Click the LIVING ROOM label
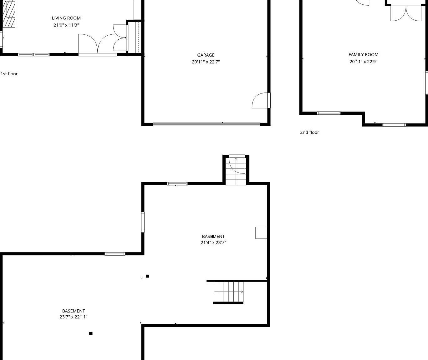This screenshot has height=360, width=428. pyautogui.click(x=66, y=18)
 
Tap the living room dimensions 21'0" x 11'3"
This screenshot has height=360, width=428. pyautogui.click(x=66, y=25)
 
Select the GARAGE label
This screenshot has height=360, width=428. pyautogui.click(x=206, y=55)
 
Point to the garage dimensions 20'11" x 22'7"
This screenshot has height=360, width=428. pyautogui.click(x=206, y=62)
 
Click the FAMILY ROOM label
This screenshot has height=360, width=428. pyautogui.click(x=364, y=55)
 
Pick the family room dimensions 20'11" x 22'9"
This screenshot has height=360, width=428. pyautogui.click(x=364, y=62)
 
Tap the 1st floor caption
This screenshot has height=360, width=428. pyautogui.click(x=9, y=74)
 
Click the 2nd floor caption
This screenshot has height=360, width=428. pyautogui.click(x=310, y=132)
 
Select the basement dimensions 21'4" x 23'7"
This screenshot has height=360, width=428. pyautogui.click(x=213, y=242)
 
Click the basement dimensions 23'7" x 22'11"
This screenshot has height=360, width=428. pyautogui.click(x=74, y=317)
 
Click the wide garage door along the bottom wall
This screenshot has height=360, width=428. pyautogui.click(x=206, y=124)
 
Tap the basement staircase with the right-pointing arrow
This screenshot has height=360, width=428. pyautogui.click(x=228, y=292)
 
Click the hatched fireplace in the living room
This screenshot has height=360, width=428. pyautogui.click(x=9, y=14)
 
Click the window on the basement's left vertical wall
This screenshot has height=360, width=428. pyautogui.click(x=143, y=222)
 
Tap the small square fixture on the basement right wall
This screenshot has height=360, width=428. pyautogui.click(x=261, y=233)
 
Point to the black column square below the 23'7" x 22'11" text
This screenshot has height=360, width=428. pyautogui.click(x=91, y=333)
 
